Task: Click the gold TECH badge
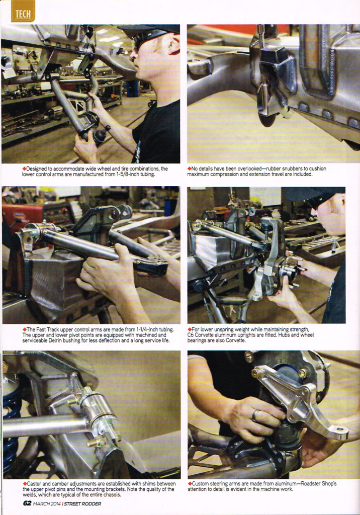[23, 11]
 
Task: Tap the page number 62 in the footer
[27, 503]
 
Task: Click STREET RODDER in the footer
[82, 503]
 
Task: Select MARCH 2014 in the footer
[47, 504]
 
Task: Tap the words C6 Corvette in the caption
[201, 334]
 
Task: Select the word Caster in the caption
[34, 483]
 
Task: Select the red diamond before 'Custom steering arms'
[190, 483]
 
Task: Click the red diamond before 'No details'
[189, 168]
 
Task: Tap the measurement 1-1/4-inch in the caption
[147, 329]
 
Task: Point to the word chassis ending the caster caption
[112, 495]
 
